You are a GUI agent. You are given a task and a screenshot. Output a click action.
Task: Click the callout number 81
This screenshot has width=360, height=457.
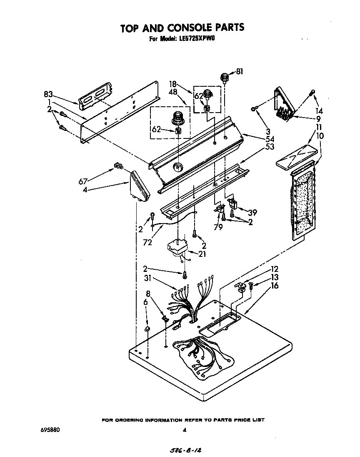pos(239,71)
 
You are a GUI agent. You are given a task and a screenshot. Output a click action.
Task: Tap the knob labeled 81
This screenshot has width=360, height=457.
pos(225,78)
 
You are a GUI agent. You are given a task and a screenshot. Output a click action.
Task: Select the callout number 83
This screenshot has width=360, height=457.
pos(48,94)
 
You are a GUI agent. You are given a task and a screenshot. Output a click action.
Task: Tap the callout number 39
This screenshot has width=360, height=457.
pos(252,212)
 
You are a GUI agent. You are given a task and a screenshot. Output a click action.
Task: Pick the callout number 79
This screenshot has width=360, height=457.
pos(218,227)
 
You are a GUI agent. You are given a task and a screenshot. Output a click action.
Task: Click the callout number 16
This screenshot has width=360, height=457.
pos(275,286)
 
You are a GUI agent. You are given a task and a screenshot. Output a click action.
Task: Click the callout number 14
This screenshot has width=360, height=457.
pos(319,111)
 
